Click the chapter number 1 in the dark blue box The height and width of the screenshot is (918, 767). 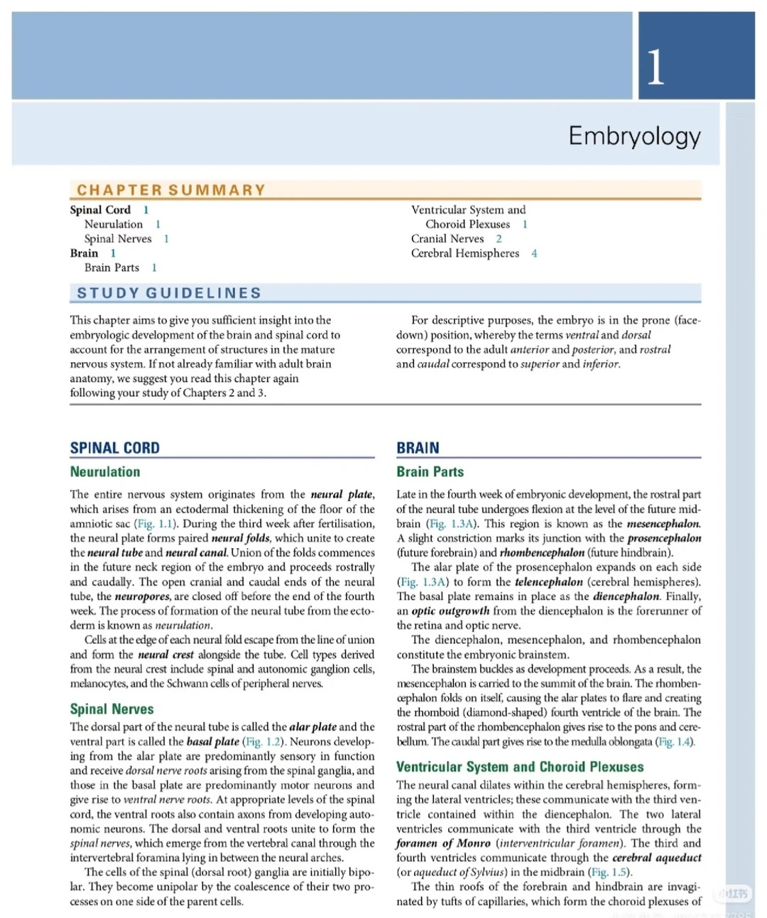[656, 67]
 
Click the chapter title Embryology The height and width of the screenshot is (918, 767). [634, 135]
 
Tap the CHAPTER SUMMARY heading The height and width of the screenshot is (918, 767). [171, 190]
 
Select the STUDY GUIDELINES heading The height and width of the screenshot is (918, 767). [169, 293]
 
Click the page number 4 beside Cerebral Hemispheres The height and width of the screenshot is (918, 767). [534, 253]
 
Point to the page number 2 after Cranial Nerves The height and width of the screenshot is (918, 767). [499, 239]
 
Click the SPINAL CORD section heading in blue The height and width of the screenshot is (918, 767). [114, 448]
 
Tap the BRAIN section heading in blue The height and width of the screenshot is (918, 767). [418, 448]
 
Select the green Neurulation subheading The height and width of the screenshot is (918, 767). [105, 471]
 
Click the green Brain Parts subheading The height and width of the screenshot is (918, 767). [430, 471]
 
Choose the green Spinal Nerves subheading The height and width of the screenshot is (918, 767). [111, 709]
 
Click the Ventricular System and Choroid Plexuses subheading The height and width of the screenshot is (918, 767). [520, 767]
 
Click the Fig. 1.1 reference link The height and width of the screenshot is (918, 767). [156, 524]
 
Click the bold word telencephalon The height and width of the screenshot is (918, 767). [548, 581]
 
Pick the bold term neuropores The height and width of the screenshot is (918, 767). [142, 596]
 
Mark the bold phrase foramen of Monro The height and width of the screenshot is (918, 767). [443, 843]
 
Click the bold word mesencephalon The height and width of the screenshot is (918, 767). [664, 524]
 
